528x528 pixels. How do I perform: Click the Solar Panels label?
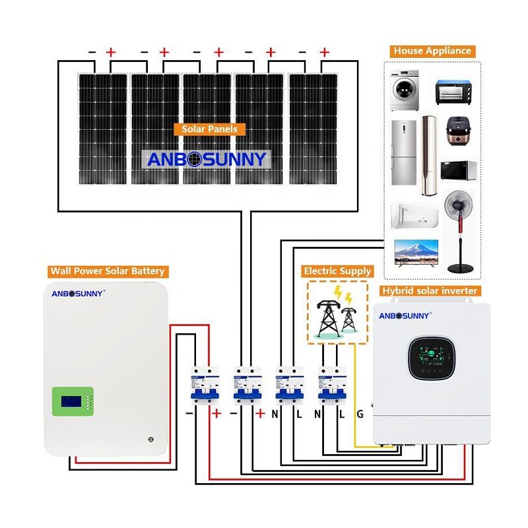point(209,129)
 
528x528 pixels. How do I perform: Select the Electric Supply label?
point(337,271)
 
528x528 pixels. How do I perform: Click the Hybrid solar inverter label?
point(430,290)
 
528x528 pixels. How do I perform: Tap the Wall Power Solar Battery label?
point(108,271)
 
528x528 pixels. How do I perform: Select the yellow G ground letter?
point(360,414)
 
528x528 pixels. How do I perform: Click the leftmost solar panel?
point(102,129)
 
